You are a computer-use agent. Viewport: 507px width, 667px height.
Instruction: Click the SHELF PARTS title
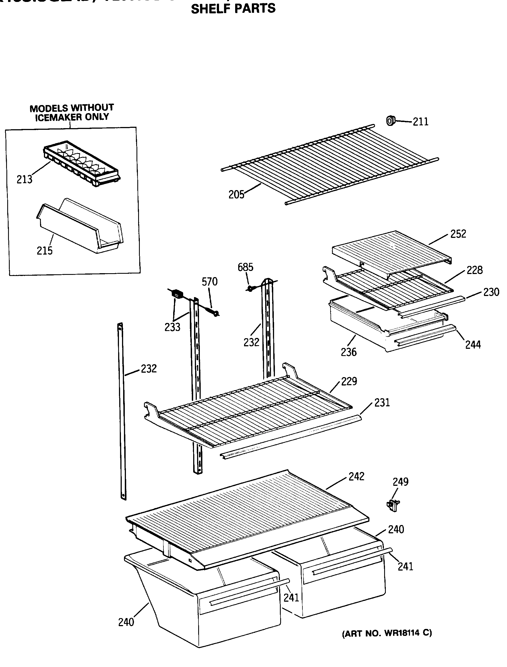[x=233, y=8]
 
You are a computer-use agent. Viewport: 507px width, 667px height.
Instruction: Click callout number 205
[x=236, y=195]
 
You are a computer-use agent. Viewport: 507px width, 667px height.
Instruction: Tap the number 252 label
[x=458, y=234]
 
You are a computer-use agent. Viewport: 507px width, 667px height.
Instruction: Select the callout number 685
[x=245, y=267]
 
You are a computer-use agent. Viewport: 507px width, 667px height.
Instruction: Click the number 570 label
[x=209, y=282]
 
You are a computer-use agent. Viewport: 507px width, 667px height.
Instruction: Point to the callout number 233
[x=172, y=327]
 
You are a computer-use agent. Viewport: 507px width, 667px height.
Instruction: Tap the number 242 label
[x=356, y=476]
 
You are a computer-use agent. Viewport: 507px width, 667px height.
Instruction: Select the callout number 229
[x=349, y=381]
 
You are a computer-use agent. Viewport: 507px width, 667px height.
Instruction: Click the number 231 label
[x=382, y=402]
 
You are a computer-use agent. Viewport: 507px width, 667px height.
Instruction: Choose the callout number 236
[x=349, y=352]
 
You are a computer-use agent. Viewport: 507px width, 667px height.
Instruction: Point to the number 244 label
[x=473, y=345]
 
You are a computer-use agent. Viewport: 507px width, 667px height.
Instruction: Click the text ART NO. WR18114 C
[x=387, y=633]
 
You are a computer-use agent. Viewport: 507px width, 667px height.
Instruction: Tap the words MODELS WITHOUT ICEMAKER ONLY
[x=72, y=113]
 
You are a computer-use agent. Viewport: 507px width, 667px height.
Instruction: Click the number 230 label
[x=491, y=292]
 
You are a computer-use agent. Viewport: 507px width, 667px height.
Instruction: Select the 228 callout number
[x=474, y=270]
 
